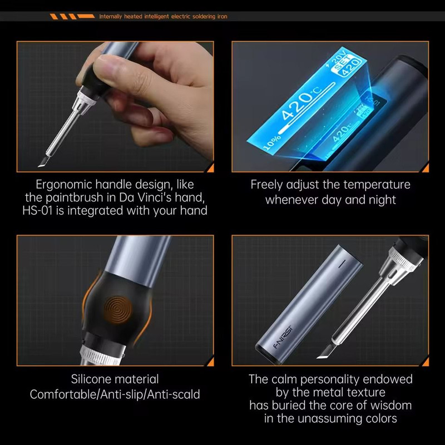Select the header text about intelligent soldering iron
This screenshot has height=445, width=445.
point(163,17)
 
